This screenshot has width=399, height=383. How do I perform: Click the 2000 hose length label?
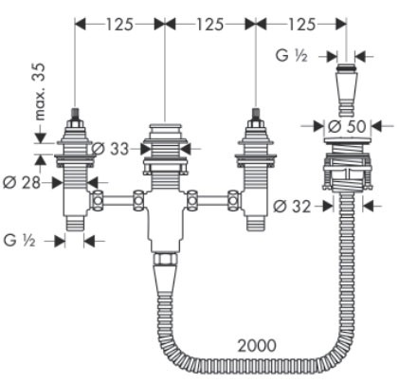(258, 345)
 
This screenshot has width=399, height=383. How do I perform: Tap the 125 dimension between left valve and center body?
(118, 23)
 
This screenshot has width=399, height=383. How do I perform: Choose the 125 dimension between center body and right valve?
(209, 23)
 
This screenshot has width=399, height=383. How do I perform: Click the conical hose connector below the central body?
(165, 279)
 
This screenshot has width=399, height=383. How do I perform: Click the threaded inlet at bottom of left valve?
(74, 224)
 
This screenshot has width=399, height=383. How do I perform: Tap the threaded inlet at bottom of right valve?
(255, 224)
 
